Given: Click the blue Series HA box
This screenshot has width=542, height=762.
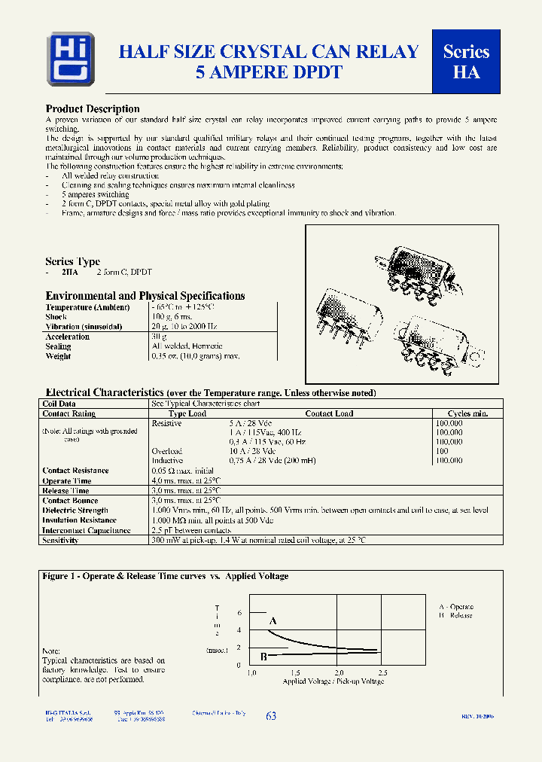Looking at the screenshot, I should tap(466, 62).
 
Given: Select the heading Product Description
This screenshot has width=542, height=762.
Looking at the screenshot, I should tap(93, 109).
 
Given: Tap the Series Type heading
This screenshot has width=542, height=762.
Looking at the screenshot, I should tap(72, 262).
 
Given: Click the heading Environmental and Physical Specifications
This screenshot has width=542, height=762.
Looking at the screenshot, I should tap(145, 296).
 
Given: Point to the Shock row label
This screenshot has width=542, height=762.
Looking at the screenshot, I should tap(57, 317).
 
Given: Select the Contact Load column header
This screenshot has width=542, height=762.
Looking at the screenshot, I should tap(329, 413).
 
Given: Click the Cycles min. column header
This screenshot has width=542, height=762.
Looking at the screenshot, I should tap(468, 413).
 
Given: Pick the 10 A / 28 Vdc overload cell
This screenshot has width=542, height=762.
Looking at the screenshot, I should tap(250, 451).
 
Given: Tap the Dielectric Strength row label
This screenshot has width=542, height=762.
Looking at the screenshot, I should tap(75, 511).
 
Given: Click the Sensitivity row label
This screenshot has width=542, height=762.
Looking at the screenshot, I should tap(61, 540).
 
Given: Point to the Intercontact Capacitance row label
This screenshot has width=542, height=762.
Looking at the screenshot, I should tap(87, 530).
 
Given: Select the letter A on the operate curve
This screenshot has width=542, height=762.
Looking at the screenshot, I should tap(273, 621).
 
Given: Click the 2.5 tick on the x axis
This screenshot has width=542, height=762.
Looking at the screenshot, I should tap(382, 672).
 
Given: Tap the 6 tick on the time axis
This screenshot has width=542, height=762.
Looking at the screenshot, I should tap(239, 613).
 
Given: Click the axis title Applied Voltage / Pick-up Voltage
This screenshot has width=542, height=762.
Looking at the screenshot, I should tap(333, 681).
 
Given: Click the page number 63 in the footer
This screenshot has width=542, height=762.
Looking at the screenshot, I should tap(271, 716).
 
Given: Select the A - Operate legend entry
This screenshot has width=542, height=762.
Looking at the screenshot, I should tap(456, 606).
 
